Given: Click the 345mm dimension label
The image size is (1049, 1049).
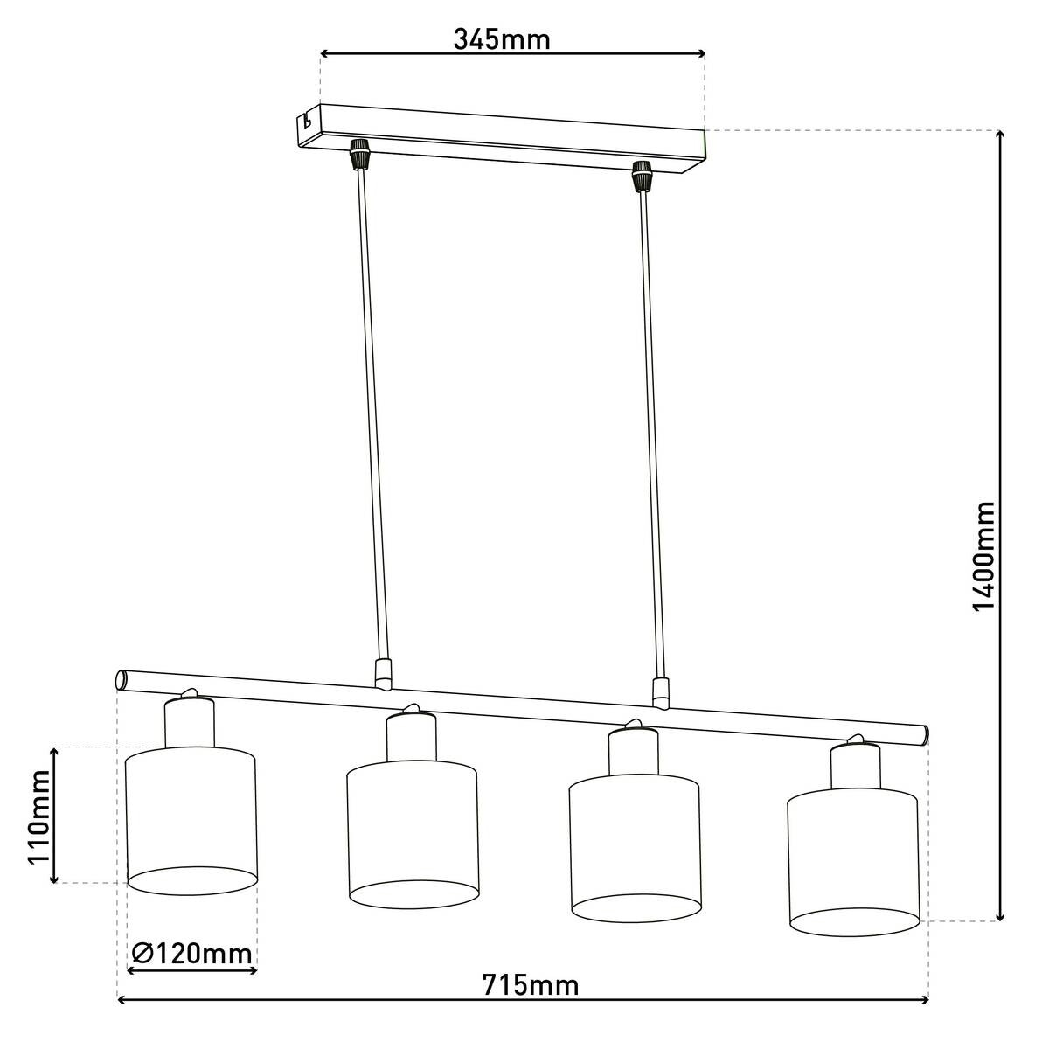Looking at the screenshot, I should [x=502, y=39].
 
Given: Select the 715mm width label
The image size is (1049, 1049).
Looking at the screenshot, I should [x=530, y=985].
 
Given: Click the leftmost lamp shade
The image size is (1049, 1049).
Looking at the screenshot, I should [x=191, y=817].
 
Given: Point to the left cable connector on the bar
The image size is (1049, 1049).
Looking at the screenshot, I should [x=381, y=673].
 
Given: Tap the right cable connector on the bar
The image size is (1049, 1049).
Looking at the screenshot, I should [x=661, y=691].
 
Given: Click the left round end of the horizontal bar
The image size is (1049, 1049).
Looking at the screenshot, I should [x=122, y=679].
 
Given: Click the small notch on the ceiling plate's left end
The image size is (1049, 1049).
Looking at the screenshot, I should [x=306, y=121].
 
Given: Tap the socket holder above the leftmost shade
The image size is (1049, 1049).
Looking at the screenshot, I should [x=190, y=721].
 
